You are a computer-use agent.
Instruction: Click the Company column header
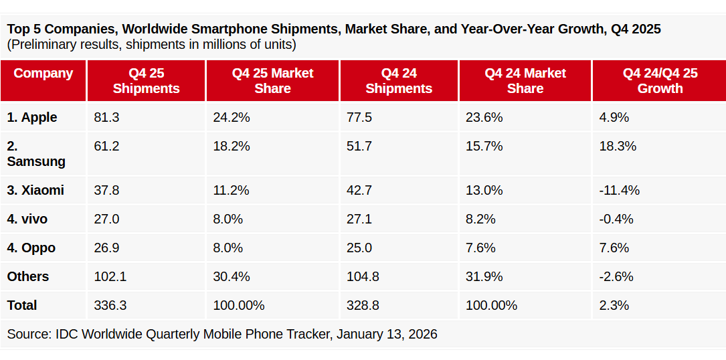[43, 74]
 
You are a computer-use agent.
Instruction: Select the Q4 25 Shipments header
[146, 81]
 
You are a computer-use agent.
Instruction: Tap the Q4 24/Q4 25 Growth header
[660, 81]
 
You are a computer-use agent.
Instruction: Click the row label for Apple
[32, 117]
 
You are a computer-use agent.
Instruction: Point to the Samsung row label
[36, 154]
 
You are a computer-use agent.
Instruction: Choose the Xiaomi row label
[35, 190]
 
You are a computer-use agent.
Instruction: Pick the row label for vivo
[27, 219]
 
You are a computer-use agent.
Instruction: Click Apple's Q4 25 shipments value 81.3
[106, 117]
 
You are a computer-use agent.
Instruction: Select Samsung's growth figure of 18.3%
[617, 146]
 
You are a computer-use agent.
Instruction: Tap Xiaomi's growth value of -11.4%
[619, 190]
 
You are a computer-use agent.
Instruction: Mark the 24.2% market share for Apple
[231, 117]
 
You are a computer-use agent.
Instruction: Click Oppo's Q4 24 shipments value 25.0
[359, 248]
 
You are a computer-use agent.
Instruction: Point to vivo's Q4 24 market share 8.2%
[480, 219]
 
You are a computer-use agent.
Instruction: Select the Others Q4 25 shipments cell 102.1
[110, 276]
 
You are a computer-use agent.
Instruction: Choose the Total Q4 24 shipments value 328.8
[363, 305]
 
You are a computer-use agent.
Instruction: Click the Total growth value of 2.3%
[614, 305]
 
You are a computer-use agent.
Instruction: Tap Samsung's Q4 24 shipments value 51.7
[359, 146]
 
